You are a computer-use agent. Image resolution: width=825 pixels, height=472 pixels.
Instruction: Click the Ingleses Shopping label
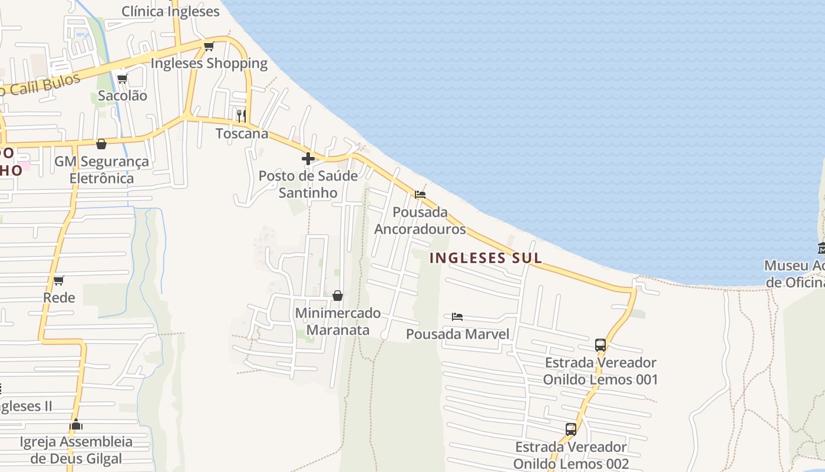209,63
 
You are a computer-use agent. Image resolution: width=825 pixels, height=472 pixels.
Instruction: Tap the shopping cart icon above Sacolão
122,78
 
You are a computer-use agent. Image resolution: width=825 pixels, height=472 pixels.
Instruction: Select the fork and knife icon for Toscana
241,115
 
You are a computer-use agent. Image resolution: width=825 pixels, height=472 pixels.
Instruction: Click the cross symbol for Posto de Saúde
308,158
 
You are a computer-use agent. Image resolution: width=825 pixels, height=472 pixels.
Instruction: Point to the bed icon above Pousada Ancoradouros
420,194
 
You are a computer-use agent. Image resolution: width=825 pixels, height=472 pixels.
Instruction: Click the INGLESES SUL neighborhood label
486,258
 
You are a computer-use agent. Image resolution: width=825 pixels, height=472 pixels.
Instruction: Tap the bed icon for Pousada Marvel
457,317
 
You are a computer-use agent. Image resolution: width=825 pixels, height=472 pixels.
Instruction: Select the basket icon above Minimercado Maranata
338,296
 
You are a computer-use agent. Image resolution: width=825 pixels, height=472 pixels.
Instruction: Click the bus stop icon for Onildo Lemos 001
600,345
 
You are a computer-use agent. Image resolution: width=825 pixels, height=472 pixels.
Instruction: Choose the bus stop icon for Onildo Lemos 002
570,430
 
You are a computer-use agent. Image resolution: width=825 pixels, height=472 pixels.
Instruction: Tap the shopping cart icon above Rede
58,280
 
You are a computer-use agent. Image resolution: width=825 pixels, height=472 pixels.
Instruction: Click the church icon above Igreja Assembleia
76,424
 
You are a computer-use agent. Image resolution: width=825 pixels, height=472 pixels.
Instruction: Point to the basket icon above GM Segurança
101,144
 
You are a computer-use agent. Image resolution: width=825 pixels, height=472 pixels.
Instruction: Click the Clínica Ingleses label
170,11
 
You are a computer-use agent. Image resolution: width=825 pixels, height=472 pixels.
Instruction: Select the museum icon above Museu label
821,248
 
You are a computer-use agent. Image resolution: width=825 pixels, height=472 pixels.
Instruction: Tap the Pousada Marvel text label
457,335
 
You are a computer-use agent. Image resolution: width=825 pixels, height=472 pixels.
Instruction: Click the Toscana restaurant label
242,133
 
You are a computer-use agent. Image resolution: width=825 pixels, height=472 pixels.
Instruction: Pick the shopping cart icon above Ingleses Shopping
208,46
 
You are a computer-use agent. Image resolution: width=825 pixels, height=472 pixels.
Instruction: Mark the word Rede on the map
59,297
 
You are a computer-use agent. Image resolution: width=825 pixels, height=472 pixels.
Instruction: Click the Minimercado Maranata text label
338,322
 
